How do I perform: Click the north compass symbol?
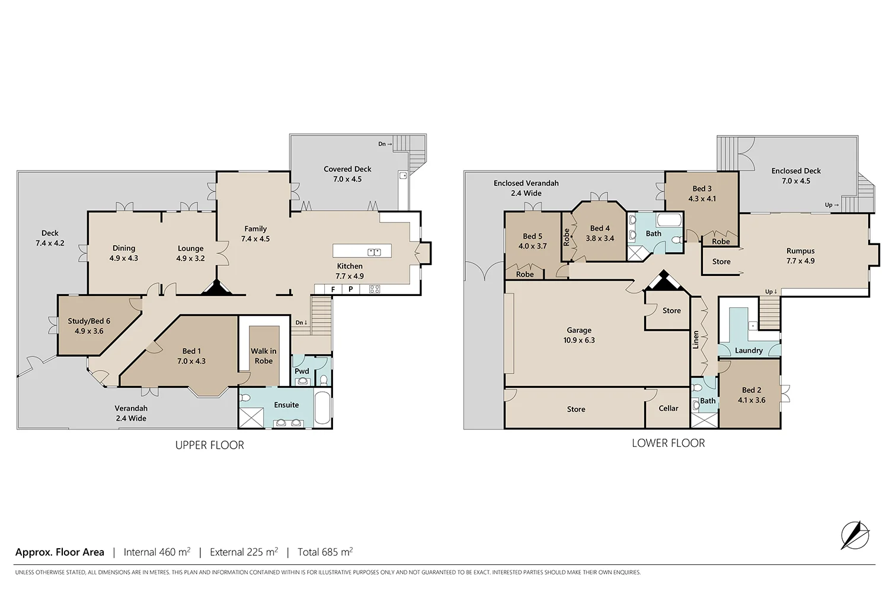[x=855, y=535]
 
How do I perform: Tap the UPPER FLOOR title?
[x=210, y=445]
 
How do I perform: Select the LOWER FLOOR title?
[x=669, y=443]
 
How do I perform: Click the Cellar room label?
[x=669, y=408]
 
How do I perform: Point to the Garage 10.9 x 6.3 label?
[x=579, y=335]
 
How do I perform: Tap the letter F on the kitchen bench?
[x=333, y=289]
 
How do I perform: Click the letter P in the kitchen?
[x=350, y=289]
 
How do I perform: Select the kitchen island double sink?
[x=374, y=252]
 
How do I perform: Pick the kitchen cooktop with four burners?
[x=375, y=289]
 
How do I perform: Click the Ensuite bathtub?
[x=322, y=408]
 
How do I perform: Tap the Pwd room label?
[x=302, y=371]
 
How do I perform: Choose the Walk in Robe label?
[x=264, y=356]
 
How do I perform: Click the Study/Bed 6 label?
[x=89, y=326]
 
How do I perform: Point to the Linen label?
[x=695, y=340]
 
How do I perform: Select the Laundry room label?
[x=749, y=350]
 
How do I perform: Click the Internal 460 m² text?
[x=157, y=552]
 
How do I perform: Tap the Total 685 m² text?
[x=325, y=552]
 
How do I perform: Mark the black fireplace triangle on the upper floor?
[x=217, y=288]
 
